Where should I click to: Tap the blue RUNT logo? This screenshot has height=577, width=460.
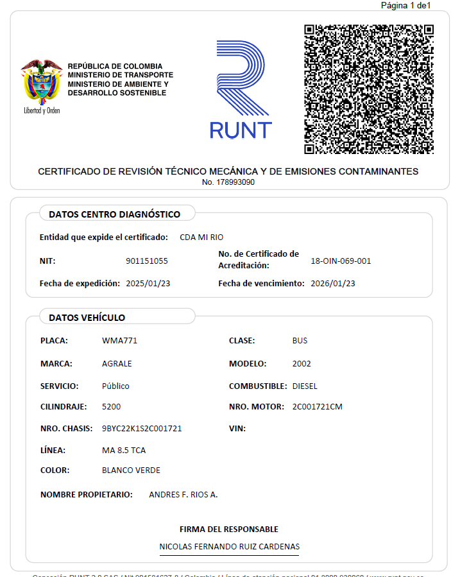241,90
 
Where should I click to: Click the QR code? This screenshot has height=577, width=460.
368,89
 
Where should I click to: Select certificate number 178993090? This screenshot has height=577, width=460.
228,182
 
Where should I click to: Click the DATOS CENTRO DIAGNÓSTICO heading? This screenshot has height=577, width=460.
114,214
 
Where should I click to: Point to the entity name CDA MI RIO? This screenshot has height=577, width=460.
201,237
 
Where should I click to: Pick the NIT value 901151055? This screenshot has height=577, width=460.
147,261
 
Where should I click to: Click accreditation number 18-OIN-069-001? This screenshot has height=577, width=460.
341,261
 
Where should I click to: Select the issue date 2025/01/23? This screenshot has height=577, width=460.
148,283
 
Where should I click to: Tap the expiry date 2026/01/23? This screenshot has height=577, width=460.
332,283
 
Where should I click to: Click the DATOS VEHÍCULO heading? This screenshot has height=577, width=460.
87,318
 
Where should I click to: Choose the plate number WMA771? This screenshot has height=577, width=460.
119,341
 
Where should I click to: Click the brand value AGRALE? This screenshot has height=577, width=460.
117,364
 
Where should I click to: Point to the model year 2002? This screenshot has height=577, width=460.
301,364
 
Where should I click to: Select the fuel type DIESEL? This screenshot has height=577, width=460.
305,386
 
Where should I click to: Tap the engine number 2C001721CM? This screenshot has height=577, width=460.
317,407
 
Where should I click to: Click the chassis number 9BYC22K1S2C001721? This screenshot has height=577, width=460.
142,429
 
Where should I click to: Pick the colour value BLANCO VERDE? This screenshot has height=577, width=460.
131,470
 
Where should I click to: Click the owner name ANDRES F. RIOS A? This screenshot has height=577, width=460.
183,495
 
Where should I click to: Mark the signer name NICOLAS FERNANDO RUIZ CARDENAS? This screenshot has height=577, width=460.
229,547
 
